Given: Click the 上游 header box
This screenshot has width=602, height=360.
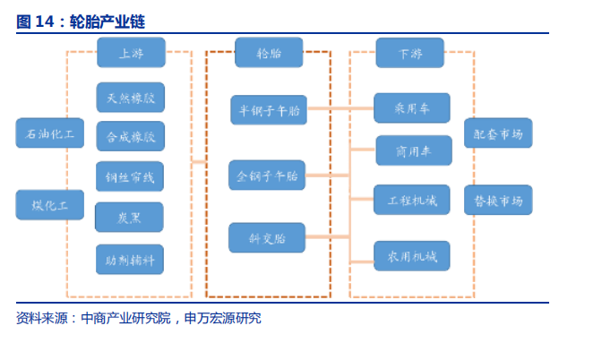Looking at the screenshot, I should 131,53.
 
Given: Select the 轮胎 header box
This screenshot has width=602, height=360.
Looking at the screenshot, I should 268,53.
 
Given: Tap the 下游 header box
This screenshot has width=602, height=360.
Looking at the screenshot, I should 410,53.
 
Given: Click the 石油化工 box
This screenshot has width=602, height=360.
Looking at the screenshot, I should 50,133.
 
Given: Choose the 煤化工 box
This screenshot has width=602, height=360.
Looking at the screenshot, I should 50,204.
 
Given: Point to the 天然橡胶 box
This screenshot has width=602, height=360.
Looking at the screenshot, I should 130,97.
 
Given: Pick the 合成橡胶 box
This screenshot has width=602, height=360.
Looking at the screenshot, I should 130,136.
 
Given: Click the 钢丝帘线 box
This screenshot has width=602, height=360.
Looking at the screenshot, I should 130,176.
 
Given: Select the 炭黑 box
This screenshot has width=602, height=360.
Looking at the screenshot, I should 130,217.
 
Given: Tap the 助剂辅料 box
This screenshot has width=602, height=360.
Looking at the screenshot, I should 130,259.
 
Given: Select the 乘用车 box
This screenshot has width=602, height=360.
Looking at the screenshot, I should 412,107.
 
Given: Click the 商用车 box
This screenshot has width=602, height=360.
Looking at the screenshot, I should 412,150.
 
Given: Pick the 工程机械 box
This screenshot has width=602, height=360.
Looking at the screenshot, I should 412,199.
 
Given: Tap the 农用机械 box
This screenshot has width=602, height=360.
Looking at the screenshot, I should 412,256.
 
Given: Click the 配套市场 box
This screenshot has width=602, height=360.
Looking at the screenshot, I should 498,133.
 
